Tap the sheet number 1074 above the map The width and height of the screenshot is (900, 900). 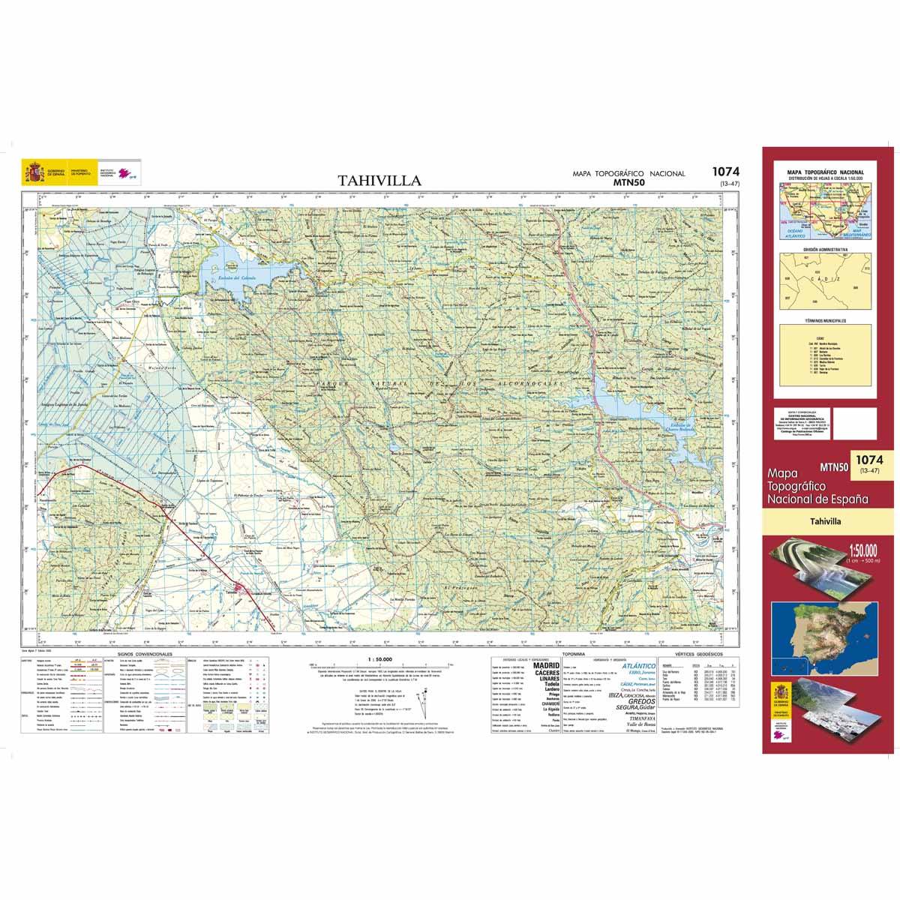click(x=725, y=172)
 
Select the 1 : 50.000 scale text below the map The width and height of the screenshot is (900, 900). click(x=370, y=659)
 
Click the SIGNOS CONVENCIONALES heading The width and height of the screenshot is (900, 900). click(x=140, y=654)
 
